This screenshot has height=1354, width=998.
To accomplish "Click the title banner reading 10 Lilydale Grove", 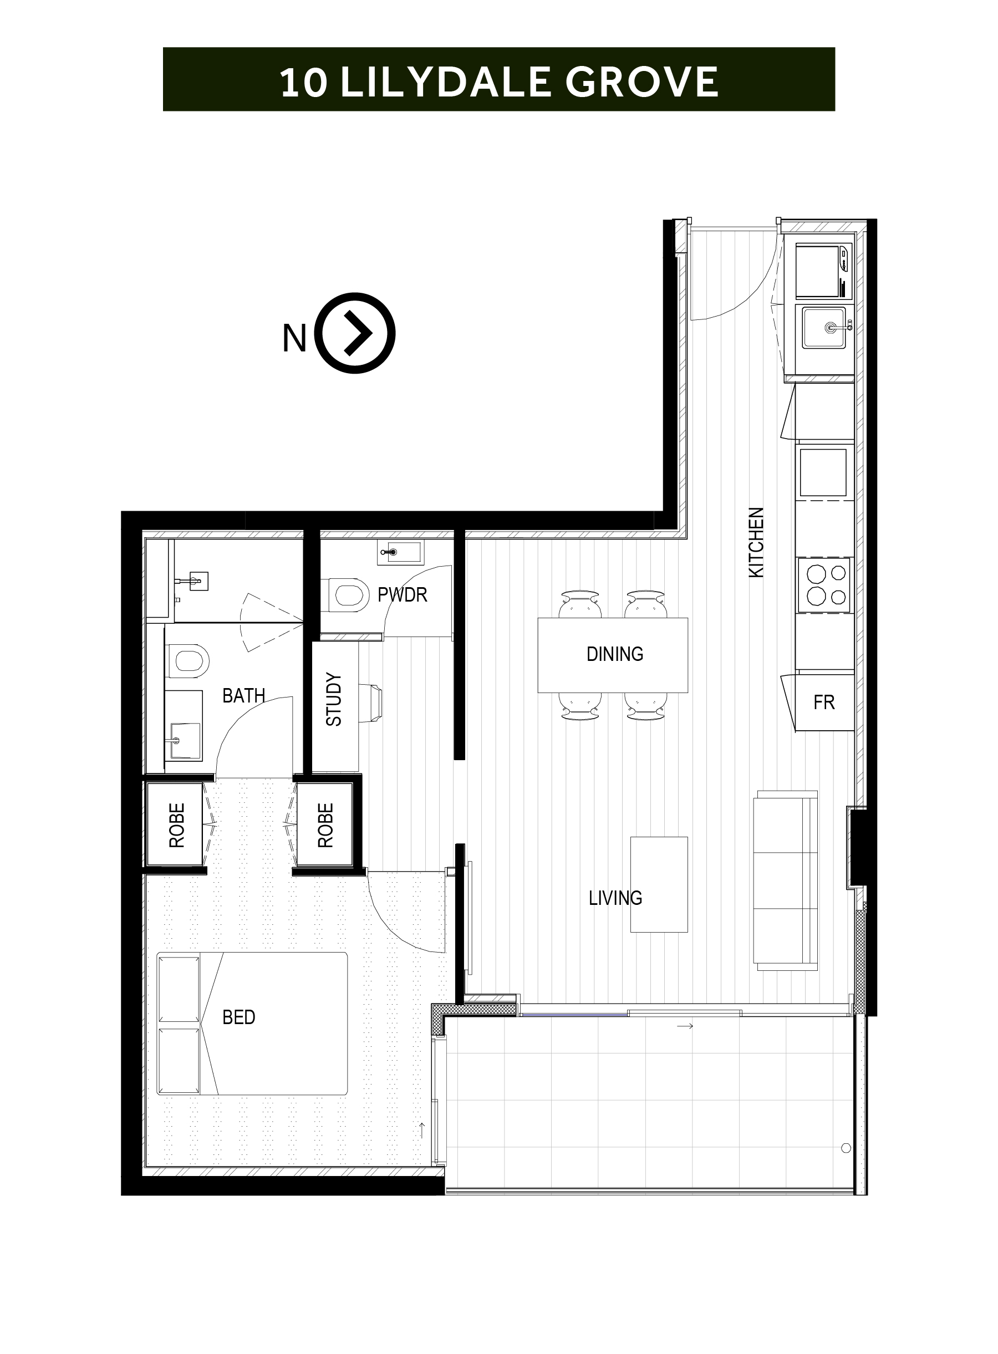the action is tap(498, 79).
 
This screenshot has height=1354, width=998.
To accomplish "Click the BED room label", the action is tap(238, 1017).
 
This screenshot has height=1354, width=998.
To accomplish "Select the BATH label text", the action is tap(243, 696).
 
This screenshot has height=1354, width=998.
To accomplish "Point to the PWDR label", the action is tap(403, 595).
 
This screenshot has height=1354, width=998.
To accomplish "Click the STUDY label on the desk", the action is tap(333, 699).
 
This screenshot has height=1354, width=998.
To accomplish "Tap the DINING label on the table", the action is tap(614, 654).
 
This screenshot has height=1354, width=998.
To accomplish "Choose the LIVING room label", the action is tap(615, 898).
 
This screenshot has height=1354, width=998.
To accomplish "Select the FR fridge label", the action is tap(824, 703).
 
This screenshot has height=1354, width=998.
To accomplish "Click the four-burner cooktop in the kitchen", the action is tap(824, 584).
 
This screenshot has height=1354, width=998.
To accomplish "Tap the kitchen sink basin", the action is tap(824, 327).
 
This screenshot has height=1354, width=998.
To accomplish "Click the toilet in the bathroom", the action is tap(187, 660).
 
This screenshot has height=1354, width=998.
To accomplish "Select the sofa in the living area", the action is tap(785, 880).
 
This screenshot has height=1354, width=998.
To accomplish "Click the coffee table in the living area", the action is tap(659, 884).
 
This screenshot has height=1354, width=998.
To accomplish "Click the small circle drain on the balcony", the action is tap(846, 1148).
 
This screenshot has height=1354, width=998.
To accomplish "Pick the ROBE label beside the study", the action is tap(325, 826).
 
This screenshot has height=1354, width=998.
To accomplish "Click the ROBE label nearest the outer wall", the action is tap(176, 826).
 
